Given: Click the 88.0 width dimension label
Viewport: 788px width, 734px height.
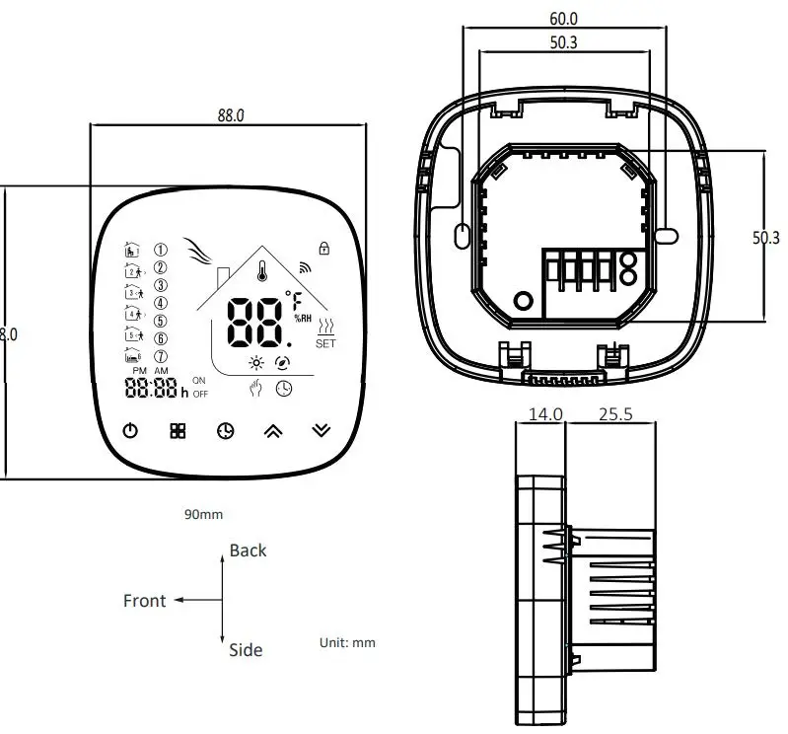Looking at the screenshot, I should point(231,114).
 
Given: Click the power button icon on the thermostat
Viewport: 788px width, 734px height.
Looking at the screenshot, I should point(130,430).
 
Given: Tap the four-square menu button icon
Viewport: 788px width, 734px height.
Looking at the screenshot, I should point(178,431).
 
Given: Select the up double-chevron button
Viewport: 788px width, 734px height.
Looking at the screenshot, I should point(271,431).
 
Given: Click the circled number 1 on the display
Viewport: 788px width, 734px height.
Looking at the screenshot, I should point(161,249).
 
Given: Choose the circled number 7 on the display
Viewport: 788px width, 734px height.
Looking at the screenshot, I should point(161,356).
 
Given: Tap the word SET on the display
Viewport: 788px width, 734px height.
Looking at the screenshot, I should point(325,343).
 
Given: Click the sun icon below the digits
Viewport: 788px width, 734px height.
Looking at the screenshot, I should point(256,362).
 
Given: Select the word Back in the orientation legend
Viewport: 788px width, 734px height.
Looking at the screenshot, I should point(248,550).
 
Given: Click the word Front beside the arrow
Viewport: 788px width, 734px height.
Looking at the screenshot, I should point(145,600).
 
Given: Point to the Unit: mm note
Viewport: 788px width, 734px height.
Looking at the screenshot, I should point(347,642).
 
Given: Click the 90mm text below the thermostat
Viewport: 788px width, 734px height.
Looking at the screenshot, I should point(203,514).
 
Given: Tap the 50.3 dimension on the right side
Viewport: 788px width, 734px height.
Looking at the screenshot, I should point(766,238).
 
